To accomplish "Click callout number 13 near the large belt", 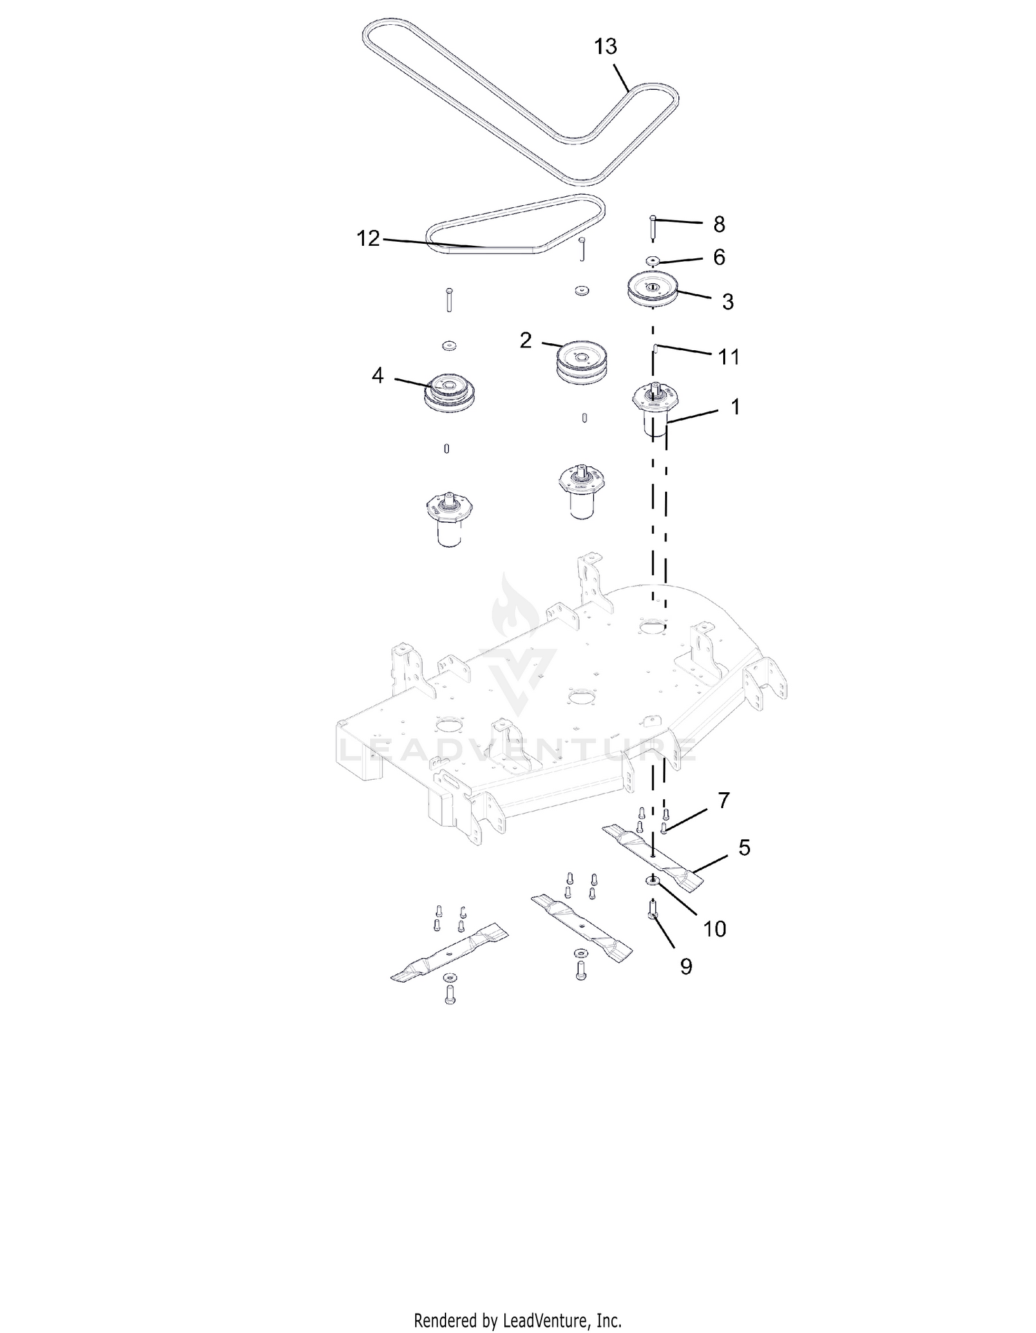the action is tap(606, 47).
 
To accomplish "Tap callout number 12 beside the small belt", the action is tap(368, 238).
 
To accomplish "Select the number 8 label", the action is tap(719, 224).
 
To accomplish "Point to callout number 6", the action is tap(719, 257).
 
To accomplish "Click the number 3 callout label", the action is tap(727, 301).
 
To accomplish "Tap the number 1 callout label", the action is tap(736, 407).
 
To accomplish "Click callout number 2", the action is tap(526, 340).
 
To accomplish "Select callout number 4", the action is tap(377, 376).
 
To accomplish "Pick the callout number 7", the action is tap(723, 800).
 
